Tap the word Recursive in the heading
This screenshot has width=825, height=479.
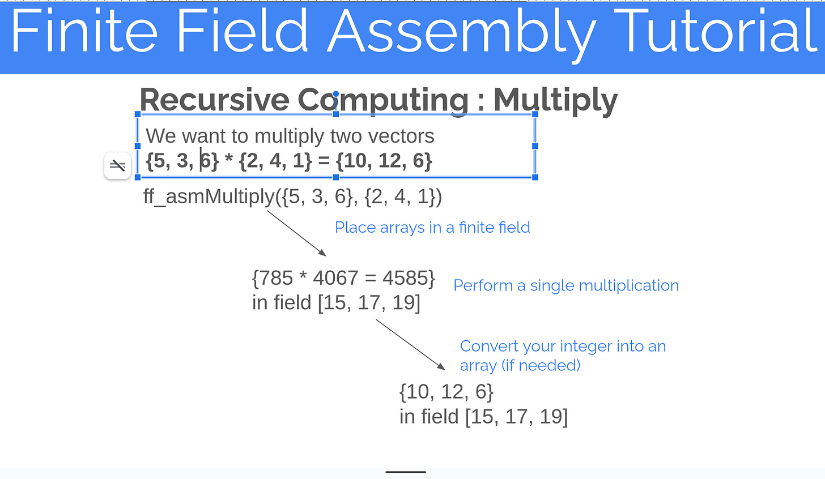(x=214, y=100)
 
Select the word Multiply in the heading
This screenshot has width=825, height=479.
(x=555, y=101)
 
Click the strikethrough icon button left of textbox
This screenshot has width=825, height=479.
(x=118, y=165)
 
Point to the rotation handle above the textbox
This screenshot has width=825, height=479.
(x=336, y=94)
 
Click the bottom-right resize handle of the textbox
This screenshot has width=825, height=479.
(x=535, y=177)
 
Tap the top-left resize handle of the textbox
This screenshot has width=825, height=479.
(x=138, y=114)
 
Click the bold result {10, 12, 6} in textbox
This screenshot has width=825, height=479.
(x=384, y=161)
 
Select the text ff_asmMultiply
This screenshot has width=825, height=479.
(x=209, y=196)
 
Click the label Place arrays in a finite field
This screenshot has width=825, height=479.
(x=432, y=228)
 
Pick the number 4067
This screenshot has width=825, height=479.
(x=335, y=278)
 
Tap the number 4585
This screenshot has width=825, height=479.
(x=405, y=278)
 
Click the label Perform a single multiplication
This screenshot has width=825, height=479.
(x=565, y=285)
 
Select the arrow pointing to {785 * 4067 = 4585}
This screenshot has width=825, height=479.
(x=296, y=233)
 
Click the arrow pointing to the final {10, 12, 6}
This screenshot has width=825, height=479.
(x=410, y=345)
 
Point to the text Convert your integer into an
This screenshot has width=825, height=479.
(x=563, y=346)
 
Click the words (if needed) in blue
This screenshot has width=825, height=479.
(x=541, y=366)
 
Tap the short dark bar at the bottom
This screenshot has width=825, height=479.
(x=406, y=472)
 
